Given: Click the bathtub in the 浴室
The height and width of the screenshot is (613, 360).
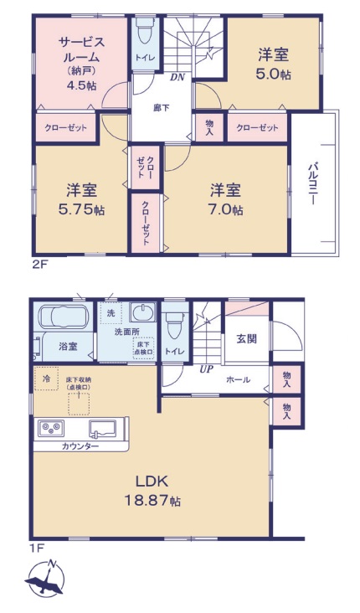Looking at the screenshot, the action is click(65, 317).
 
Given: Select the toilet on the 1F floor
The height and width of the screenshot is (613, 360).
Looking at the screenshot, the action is click(174, 323).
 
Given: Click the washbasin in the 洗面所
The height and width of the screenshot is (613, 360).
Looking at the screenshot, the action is click(141, 312).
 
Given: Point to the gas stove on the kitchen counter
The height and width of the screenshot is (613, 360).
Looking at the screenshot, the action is click(51, 428).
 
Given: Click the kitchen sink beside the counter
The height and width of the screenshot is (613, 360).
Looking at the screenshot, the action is click(102, 429).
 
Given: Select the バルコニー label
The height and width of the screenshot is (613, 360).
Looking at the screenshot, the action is click(312, 183).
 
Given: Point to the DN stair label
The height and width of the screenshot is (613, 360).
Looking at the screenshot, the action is click(177, 77).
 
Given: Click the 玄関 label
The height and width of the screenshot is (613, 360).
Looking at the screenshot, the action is click(247, 338).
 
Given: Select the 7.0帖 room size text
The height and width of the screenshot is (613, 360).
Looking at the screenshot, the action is click(227, 210).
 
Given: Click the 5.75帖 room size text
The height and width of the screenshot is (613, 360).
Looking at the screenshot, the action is click(81, 210).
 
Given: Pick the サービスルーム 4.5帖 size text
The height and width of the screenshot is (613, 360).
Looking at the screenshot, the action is click(81, 85).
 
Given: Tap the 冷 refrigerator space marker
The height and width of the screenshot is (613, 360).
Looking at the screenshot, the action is click(47, 379).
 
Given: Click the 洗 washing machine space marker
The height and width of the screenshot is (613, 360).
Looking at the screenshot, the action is click(111, 313).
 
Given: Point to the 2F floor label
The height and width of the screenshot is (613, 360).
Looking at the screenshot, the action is click(39, 265).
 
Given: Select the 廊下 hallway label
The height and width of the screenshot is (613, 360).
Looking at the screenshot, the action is click(162, 108).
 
